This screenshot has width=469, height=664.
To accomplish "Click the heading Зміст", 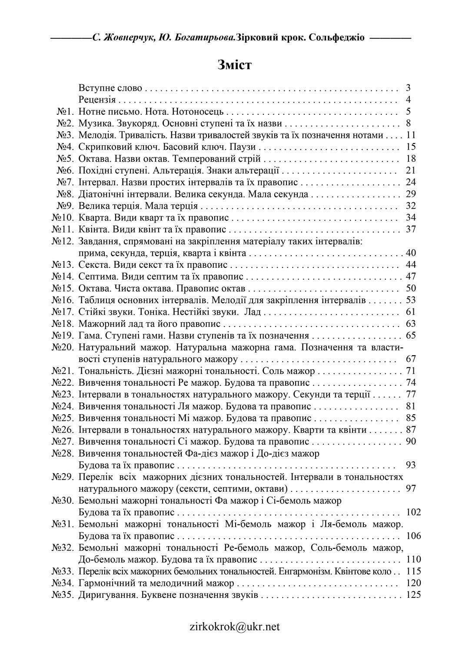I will [x=234, y=65].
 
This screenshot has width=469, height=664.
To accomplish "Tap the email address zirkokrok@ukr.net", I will [x=235, y=627].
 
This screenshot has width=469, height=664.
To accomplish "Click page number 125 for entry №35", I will [x=413, y=594].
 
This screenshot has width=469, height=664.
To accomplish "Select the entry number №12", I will [x=63, y=241].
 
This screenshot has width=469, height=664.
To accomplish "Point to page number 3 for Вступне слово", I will [x=408, y=88].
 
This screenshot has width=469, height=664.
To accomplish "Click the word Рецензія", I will [x=97, y=100].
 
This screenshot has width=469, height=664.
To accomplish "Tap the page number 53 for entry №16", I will [x=411, y=300].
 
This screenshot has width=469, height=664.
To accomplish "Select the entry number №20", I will [x=63, y=347].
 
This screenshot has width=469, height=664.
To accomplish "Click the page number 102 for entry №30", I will [x=413, y=512].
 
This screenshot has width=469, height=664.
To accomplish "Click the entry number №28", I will [x=63, y=453].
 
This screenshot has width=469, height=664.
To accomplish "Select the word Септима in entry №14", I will [x=95, y=277].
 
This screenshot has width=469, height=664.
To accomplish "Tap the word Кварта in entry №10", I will [x=92, y=217].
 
